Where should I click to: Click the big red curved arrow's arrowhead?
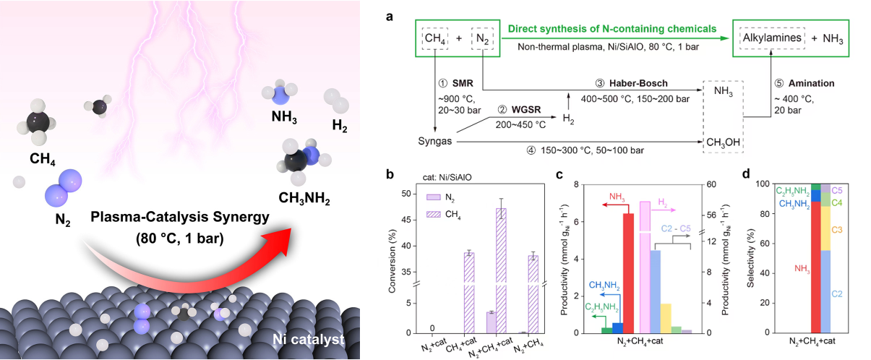(278, 241)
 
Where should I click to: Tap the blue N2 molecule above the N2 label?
(64, 188)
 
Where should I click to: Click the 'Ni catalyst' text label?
(309, 339)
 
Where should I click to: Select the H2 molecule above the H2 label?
(336, 100)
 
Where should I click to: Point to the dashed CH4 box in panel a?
(435, 38)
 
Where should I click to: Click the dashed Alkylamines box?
(772, 38)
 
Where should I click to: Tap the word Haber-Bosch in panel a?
(638, 83)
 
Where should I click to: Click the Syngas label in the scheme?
(434, 141)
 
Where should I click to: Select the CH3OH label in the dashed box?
(723, 142)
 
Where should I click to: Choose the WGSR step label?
(526, 110)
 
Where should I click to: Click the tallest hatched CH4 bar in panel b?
(501, 270)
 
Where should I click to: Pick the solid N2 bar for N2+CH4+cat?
(491, 322)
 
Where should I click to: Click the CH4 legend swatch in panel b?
(433, 214)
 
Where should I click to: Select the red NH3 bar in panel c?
(628, 273)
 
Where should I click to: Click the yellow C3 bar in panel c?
(666, 318)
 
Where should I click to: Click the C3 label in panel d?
(836, 230)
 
